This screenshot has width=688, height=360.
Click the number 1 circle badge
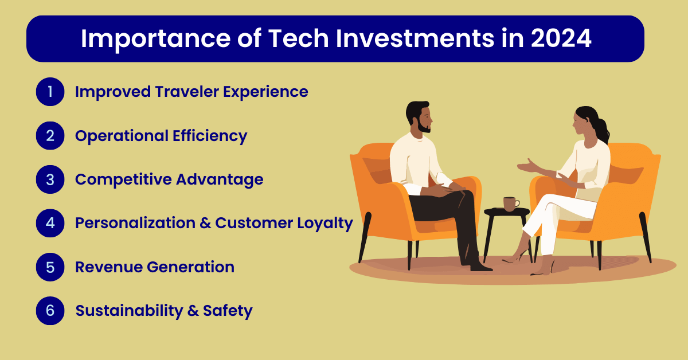click(50, 92)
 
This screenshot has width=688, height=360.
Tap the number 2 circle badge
click(50, 136)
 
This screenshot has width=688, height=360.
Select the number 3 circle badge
click(50, 179)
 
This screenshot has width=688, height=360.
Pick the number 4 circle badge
click(50, 223)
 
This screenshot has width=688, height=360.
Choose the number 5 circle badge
click(50, 267)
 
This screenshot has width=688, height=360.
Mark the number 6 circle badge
click(50, 311)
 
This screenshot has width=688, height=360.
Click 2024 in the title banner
click(561, 38)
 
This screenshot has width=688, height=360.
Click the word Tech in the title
click(298, 38)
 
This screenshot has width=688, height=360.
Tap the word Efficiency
click(210, 136)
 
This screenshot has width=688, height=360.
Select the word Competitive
click(123, 179)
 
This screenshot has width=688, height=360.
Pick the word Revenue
click(108, 267)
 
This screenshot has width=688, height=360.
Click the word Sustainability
click(130, 311)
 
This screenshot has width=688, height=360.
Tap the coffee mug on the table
click(511, 204)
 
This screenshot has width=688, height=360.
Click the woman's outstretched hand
click(527, 166)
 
